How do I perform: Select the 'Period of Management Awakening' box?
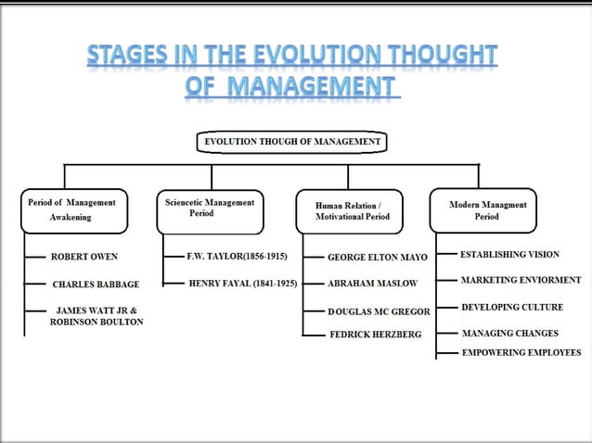72,209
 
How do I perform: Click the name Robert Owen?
84,256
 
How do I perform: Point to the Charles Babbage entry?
96,285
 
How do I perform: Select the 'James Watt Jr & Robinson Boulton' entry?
97,315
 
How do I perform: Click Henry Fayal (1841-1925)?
242,283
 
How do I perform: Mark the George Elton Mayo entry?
377,257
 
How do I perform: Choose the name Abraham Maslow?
372,284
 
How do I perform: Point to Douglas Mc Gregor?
379,311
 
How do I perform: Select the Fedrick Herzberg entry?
375,334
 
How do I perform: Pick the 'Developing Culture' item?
511,307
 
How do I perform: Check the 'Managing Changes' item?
511,333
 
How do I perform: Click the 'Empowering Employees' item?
521,352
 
